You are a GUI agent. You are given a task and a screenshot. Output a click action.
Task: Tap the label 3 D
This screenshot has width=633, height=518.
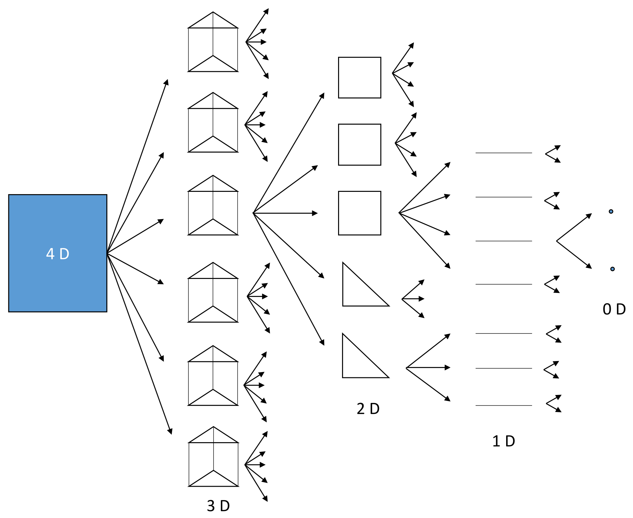coord(218,506)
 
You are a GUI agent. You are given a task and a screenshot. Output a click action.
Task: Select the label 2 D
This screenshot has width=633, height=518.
coord(368,409)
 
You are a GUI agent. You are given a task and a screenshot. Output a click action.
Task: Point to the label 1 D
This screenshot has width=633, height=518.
coord(503,441)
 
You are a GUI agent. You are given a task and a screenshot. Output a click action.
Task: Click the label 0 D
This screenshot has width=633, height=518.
coord(614,309)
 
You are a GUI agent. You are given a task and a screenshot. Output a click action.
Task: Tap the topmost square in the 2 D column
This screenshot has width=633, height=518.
coord(359,77)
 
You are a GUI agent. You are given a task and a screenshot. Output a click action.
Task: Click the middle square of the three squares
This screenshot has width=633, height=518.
coord(359,145)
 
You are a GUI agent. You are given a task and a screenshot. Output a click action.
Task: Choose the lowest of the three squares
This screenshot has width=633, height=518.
coord(359,213)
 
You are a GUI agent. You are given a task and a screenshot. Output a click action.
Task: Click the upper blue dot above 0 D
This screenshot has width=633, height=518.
coord(611,211)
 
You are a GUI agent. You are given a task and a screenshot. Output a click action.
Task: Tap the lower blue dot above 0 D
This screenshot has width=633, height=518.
coord(612,269)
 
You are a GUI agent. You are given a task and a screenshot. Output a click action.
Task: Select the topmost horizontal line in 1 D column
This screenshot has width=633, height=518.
coord(503,153)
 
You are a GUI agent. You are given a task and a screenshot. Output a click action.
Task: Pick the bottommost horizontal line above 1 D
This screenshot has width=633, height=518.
coord(503,405)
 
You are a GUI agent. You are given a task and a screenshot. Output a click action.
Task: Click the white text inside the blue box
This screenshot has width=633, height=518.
coord(57,254)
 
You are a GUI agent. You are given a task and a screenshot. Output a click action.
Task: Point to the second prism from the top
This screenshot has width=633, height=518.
coord(213,123)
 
